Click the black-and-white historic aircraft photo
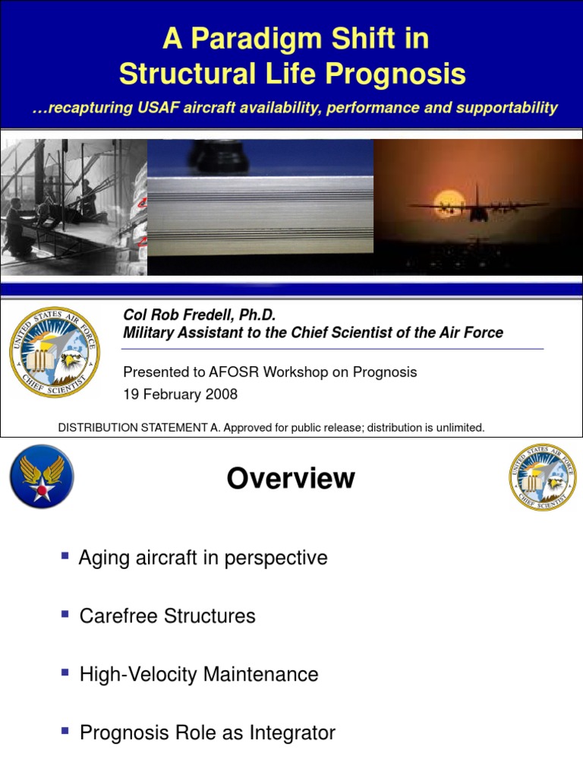coord(73,207)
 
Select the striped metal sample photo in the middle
coord(260,207)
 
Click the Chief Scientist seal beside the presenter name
coord(55,353)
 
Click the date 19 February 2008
coord(180,394)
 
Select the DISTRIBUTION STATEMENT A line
coord(271,428)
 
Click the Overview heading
coord(291,479)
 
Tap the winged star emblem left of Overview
coord(41,477)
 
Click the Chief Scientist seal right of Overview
coord(542,477)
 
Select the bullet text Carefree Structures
coord(167,616)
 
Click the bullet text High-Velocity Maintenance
coord(199,675)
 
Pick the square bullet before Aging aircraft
coord(65,556)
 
